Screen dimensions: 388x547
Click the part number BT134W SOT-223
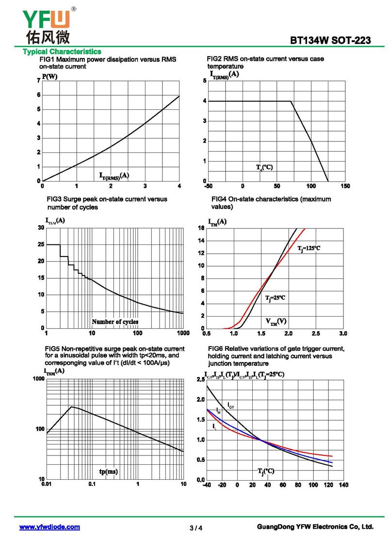pyautogui.click(x=330, y=41)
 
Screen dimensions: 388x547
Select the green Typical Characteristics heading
pyautogui.click(x=62, y=52)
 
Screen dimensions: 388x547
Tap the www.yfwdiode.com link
pyautogui.click(x=49, y=527)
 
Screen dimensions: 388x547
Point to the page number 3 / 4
pyautogui.click(x=196, y=528)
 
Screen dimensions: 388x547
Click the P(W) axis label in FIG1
pyautogui.click(x=49, y=77)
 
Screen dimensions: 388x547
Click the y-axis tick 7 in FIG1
pyautogui.click(x=38, y=80)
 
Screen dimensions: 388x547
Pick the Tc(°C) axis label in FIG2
pyautogui.click(x=264, y=167)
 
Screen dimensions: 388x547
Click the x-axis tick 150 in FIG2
pyautogui.click(x=345, y=186)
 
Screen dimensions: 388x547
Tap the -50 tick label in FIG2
pyautogui.click(x=209, y=186)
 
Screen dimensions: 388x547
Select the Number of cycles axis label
pyautogui.click(x=115, y=321)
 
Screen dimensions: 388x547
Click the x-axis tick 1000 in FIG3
pyautogui.click(x=183, y=333)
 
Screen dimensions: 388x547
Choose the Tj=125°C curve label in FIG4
pyautogui.click(x=308, y=248)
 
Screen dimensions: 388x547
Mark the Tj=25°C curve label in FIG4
pyautogui.click(x=275, y=298)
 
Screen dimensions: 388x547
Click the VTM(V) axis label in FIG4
pyautogui.click(x=276, y=321)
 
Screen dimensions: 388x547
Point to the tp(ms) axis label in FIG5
pyautogui.click(x=108, y=471)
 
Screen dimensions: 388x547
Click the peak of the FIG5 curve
pyautogui.click(x=72, y=407)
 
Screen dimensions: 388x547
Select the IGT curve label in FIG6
pyautogui.click(x=231, y=405)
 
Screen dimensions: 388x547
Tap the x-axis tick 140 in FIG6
pyautogui.click(x=343, y=485)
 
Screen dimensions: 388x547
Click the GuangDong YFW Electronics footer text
pyautogui.click(x=315, y=527)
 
